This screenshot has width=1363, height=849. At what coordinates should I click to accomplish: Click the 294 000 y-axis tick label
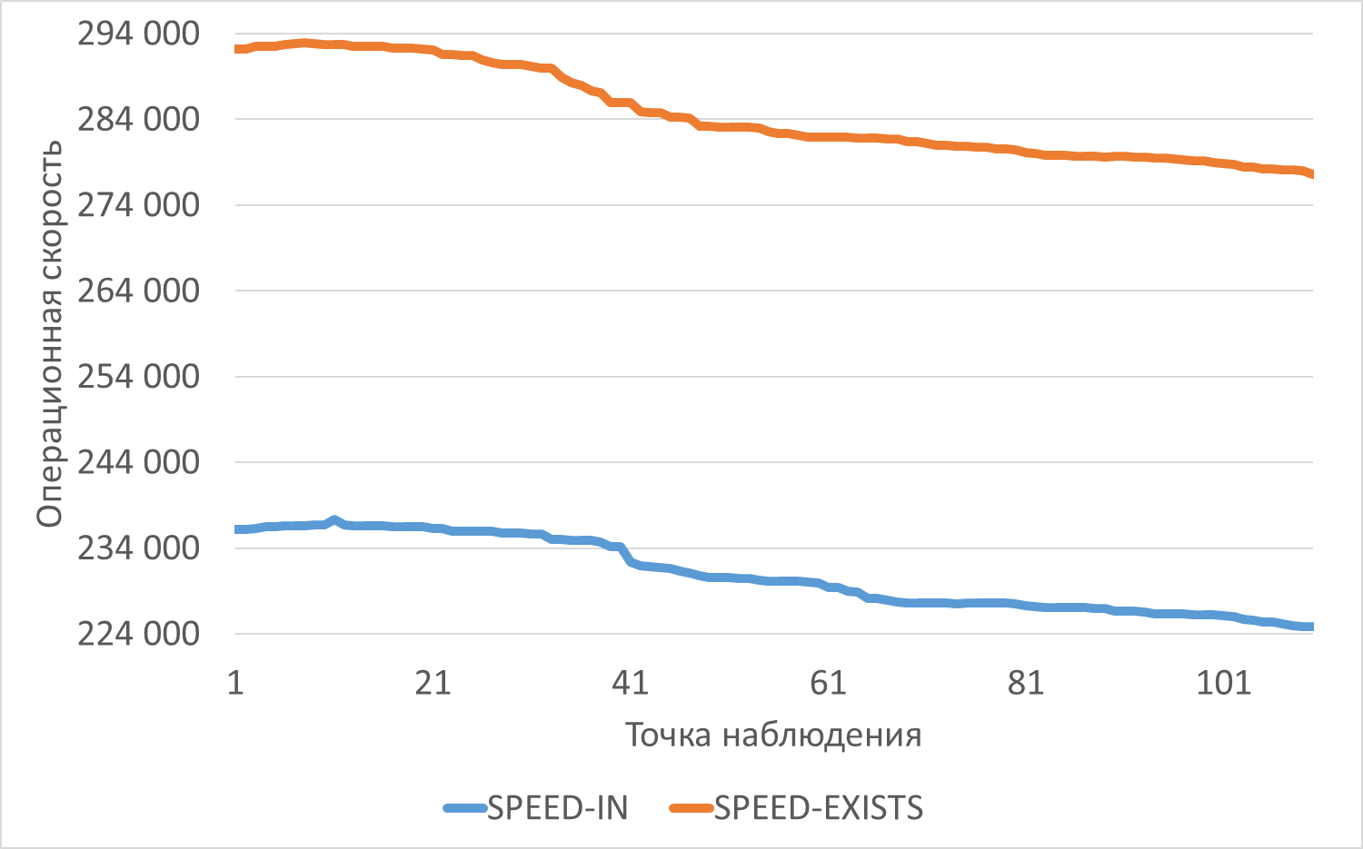pos(138,34)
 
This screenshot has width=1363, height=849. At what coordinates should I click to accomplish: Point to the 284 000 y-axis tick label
pos(138,119)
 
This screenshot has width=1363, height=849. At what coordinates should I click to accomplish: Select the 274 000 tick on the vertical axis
pos(138,205)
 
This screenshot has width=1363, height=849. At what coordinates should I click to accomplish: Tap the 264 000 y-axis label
pos(138,291)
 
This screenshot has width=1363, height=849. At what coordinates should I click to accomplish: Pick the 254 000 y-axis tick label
pos(138,377)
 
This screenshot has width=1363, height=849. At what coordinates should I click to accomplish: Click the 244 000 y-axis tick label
pos(138,462)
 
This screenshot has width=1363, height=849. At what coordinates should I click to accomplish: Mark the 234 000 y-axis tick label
pos(138,548)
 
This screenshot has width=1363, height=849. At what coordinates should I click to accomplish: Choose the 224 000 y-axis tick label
pos(138,634)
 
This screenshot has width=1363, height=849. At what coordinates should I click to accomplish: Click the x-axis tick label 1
pos(235,682)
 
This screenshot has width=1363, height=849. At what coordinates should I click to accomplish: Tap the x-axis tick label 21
pos(433,682)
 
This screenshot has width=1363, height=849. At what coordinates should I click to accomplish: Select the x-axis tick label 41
pos(631,682)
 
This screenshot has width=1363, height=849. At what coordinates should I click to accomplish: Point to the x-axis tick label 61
pos(828,682)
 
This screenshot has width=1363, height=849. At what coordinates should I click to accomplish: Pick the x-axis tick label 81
pos(1026,682)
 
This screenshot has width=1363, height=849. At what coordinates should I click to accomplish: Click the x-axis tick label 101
pos(1223,682)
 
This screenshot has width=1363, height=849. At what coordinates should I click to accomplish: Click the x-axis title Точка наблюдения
pos(773,735)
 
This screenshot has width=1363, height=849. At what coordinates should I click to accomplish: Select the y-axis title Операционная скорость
pos(49,333)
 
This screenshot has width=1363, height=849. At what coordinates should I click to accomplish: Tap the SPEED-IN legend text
pos(557,807)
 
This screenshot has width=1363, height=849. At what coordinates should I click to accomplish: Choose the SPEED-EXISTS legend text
pos(818,807)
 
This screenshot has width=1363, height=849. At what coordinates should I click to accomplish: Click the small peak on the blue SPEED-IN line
pos(334,520)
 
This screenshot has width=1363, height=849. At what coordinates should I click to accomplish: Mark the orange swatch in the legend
pos(691,808)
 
